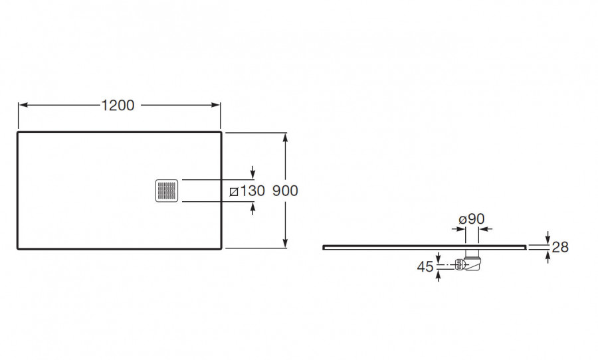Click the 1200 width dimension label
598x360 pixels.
click(x=118, y=105)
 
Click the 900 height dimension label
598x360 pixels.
click(x=285, y=191)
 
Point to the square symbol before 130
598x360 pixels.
click(x=233, y=192)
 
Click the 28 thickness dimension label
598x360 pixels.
click(x=560, y=247)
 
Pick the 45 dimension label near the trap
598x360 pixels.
click(x=425, y=266)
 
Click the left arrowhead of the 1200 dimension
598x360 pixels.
click(x=21, y=105)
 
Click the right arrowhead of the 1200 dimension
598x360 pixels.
click(x=217, y=105)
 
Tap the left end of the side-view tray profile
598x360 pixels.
click(x=324, y=246)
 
